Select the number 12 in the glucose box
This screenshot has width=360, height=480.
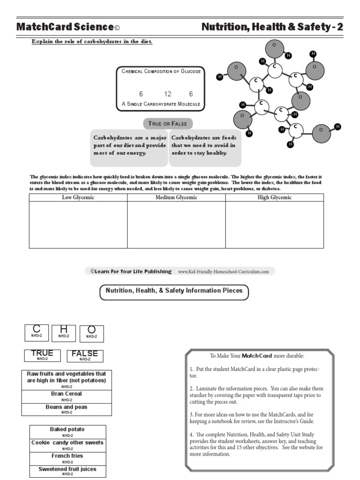coord(168,94)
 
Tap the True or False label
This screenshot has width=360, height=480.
coord(167,124)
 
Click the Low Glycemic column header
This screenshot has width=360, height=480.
coord(78,197)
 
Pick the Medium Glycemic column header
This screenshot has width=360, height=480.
coord(176,197)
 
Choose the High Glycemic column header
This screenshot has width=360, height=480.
coord(274,197)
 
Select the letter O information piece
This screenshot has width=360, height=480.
coord(91,333)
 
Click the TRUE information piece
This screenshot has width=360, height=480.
coord(42,355)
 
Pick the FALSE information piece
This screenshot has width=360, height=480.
coord(85,355)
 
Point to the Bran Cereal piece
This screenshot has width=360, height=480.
coord(67,396)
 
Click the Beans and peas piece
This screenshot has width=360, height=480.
coord(67,409)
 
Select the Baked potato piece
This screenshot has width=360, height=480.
coord(67,431)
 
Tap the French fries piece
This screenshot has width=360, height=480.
coord(67,457)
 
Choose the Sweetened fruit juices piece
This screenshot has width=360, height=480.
coord(67,471)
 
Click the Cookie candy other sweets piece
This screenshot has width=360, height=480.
coord(67,444)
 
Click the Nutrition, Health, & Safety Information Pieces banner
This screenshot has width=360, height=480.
coord(174,292)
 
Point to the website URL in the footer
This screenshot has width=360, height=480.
coord(223,271)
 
